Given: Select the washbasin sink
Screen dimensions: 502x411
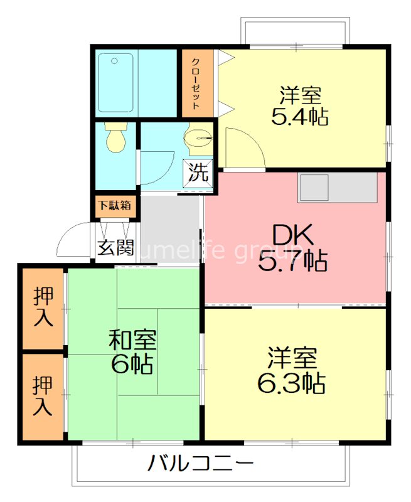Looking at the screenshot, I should click(x=199, y=137).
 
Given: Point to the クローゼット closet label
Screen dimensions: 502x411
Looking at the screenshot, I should click(x=196, y=83).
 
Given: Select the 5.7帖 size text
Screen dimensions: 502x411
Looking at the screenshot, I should click(x=293, y=260).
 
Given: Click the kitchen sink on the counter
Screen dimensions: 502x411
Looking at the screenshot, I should click(x=314, y=188).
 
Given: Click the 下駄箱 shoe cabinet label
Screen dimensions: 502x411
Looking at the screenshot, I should click(x=114, y=205).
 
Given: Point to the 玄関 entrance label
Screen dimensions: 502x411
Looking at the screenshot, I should click(x=115, y=247).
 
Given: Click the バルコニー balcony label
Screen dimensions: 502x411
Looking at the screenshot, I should click(x=201, y=465).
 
